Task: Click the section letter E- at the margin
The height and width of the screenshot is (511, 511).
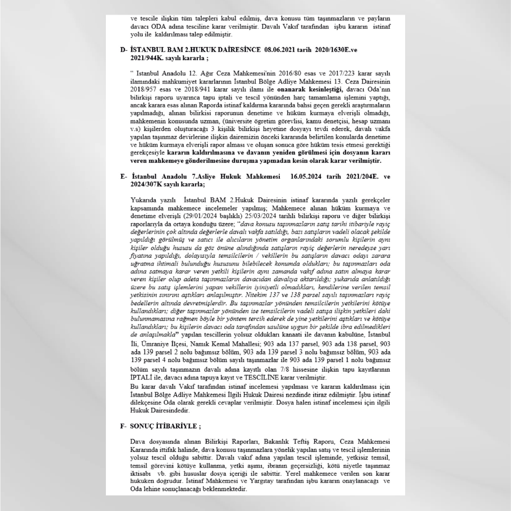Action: tap(124, 177)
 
